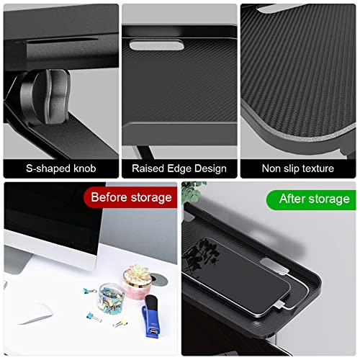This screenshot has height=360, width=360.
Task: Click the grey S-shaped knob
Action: (45, 97)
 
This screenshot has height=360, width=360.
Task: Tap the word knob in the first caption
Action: (85, 168)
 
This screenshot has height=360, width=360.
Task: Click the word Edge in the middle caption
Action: (179, 168)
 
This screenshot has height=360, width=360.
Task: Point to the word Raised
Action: (148, 168)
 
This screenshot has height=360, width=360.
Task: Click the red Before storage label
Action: (131, 197)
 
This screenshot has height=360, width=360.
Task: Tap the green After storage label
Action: (311, 199)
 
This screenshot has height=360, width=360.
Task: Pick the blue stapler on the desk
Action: (150, 316)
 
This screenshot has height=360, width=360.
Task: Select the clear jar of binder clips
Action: (111, 298)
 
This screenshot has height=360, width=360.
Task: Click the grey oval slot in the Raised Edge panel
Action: (157, 45)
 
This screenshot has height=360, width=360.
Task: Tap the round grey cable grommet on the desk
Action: (159, 279)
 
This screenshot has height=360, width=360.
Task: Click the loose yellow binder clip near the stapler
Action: (120, 323)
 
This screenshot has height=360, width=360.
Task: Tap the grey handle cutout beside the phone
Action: (274, 266)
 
